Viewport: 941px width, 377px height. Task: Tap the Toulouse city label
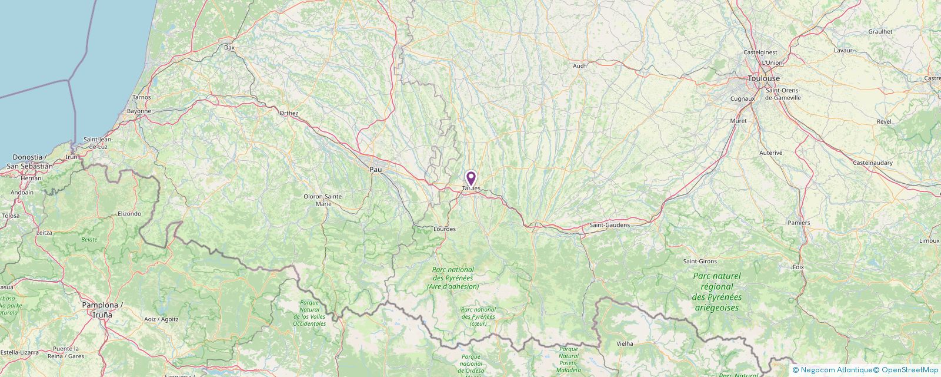[x=763, y=78]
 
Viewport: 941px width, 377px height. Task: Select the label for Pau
[x=375, y=170]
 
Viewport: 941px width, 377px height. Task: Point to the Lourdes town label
[x=444, y=229]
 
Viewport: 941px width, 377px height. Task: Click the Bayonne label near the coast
[x=139, y=111]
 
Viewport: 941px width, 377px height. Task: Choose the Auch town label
[x=580, y=66]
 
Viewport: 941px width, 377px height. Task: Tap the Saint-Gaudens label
[x=609, y=225]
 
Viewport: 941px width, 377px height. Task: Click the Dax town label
[x=229, y=47]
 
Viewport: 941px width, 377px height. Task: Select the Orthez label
[x=289, y=113]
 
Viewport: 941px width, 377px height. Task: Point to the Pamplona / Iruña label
[x=102, y=310]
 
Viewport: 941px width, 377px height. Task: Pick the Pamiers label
[x=799, y=223]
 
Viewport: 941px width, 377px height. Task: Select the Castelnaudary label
[x=872, y=163]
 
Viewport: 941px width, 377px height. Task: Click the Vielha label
[x=625, y=343]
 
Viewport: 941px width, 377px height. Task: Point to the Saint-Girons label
[x=699, y=261]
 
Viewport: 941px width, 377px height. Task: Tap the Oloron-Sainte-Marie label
[x=323, y=200]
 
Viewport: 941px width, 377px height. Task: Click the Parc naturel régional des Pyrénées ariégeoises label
[x=717, y=292]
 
